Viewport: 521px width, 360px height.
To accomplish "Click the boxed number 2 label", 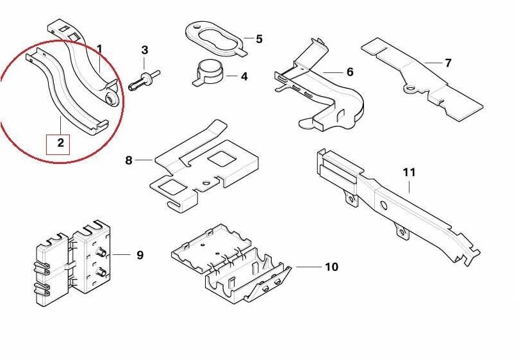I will (61, 142).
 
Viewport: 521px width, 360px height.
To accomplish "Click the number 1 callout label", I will (99, 49).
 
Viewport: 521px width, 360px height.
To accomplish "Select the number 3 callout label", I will (145, 49).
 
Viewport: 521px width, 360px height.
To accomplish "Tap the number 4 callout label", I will (244, 77).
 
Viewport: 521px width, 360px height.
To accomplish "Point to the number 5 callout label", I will (259, 39).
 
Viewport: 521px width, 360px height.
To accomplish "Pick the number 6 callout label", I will (350, 72).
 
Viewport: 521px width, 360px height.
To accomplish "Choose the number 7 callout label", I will (448, 63).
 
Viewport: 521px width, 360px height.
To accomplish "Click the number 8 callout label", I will (129, 160).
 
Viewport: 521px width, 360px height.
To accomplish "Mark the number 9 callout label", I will (140, 255).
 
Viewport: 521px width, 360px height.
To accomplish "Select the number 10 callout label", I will (331, 266).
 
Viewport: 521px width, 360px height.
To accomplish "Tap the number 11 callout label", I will (409, 172).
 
